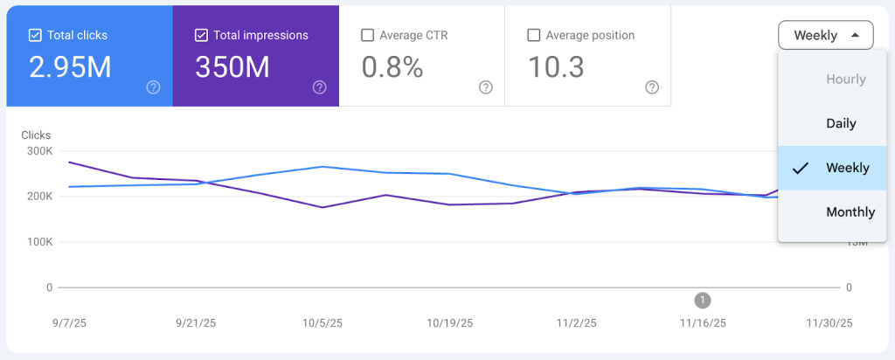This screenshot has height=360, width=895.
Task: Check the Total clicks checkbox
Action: [35, 36]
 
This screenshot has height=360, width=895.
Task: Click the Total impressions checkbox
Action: [201, 36]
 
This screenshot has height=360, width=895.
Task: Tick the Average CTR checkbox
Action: [367, 36]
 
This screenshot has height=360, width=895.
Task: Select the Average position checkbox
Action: [533, 36]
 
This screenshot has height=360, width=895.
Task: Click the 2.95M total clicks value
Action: [70, 67]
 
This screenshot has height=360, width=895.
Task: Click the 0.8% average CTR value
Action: [392, 67]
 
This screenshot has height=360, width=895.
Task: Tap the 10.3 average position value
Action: [557, 67]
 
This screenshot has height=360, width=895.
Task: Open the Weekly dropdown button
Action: [825, 36]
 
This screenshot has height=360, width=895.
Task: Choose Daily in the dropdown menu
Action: [841, 123]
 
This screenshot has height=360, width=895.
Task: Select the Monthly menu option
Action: [850, 212]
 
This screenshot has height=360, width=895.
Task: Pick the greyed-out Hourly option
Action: [845, 80]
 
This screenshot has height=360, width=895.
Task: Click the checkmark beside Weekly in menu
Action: [800, 169]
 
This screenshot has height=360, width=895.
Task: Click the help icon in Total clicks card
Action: [153, 87]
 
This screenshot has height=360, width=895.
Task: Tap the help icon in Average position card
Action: [651, 87]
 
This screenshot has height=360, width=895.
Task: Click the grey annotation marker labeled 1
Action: [702, 301]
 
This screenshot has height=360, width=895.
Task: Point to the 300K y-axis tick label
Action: [38, 151]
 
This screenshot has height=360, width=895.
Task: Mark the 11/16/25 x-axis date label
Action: [702, 323]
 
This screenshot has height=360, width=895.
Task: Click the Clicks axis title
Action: [36, 135]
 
